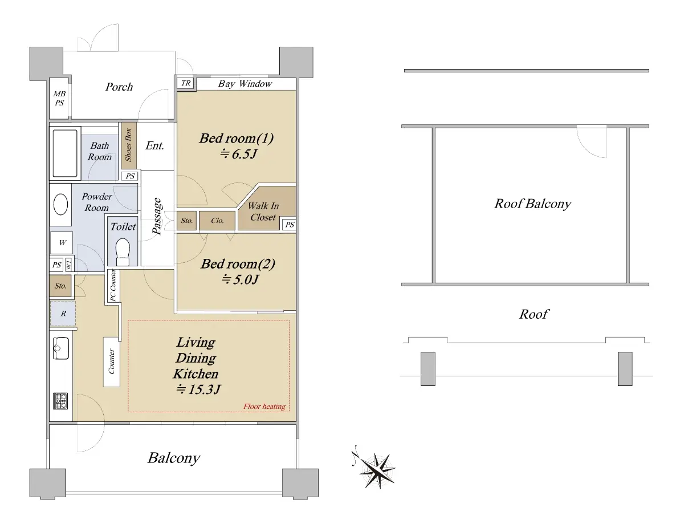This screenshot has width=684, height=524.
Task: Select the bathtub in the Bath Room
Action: pos(65,153)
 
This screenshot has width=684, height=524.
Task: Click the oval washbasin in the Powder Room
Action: pos(61,205)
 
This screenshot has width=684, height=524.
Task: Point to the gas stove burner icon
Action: pos(60,401)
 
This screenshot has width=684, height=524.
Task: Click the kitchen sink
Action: pos(61,348)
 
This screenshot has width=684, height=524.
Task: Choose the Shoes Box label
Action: pos(128,145)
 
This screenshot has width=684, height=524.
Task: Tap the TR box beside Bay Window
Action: pos(186,83)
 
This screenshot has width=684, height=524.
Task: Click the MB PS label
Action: pos(59,98)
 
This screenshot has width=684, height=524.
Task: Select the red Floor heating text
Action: pos(264,407)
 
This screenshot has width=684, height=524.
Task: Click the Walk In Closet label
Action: pos(263,212)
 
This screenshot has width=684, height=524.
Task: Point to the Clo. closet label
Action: pos(217,221)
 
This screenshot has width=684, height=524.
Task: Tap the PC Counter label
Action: pos(113,286)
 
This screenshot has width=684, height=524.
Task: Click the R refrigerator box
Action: pos(63,314)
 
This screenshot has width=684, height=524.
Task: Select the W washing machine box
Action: pos(62,243)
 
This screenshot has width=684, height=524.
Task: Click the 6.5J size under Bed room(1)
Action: pos(238,154)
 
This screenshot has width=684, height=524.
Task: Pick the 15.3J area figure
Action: pos(198,389)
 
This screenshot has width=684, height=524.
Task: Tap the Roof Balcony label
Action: pos(532,204)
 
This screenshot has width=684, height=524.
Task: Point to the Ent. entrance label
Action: pos(154,145)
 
